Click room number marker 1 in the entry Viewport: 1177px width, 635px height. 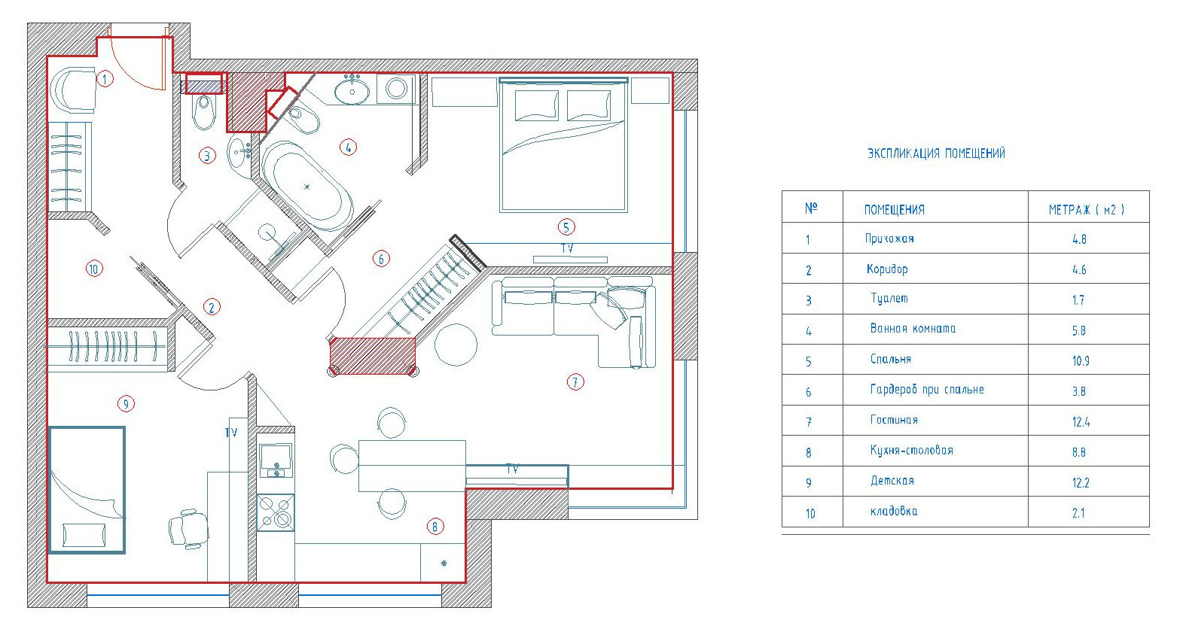(x=105, y=79)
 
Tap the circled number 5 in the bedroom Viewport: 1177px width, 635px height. (x=566, y=227)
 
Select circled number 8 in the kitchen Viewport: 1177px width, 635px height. (x=435, y=527)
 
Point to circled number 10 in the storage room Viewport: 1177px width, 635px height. (x=94, y=269)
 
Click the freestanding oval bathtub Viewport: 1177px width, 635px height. (x=307, y=187)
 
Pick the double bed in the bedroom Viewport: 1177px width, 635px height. (x=563, y=145)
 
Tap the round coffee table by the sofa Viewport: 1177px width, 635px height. (x=456, y=345)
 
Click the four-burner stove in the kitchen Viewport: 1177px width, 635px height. (x=276, y=512)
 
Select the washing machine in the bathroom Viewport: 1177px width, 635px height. (x=396, y=89)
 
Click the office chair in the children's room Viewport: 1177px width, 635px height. (x=188, y=528)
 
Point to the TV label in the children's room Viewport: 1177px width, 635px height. (x=231, y=433)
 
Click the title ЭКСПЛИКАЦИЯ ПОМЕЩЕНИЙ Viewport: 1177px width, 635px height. (x=936, y=153)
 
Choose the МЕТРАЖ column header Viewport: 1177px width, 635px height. (x=1086, y=210)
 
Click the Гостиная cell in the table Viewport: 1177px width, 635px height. (x=894, y=420)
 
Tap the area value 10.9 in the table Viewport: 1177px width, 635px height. (x=1081, y=361)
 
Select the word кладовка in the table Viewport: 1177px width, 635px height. (x=894, y=511)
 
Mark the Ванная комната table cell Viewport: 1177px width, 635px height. (x=913, y=329)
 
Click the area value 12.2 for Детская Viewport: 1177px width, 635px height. (x=1081, y=483)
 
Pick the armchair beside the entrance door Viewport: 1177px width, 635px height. (x=73, y=90)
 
